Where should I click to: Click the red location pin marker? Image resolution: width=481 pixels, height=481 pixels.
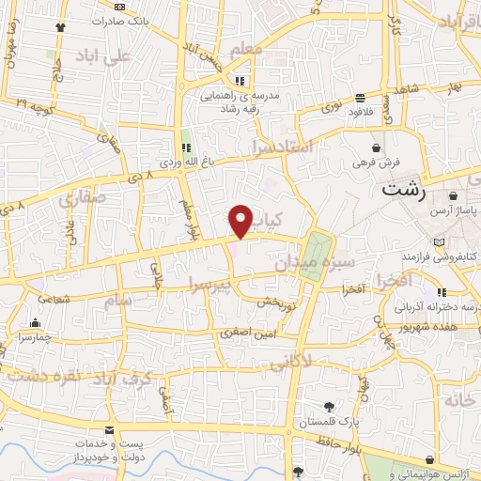[x=241, y=222]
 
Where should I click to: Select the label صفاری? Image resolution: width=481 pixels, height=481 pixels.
[x=81, y=199]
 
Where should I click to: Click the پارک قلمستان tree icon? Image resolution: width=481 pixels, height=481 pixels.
[x=329, y=407]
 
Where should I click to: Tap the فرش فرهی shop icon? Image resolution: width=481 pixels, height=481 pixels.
[x=377, y=148]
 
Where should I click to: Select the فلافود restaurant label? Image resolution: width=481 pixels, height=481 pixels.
[x=363, y=112]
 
